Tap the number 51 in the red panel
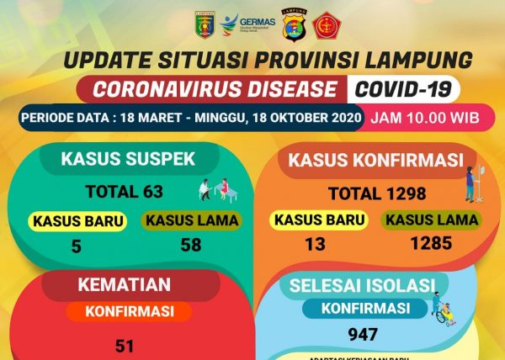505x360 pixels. (125, 343)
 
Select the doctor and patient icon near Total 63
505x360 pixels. (214, 191)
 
